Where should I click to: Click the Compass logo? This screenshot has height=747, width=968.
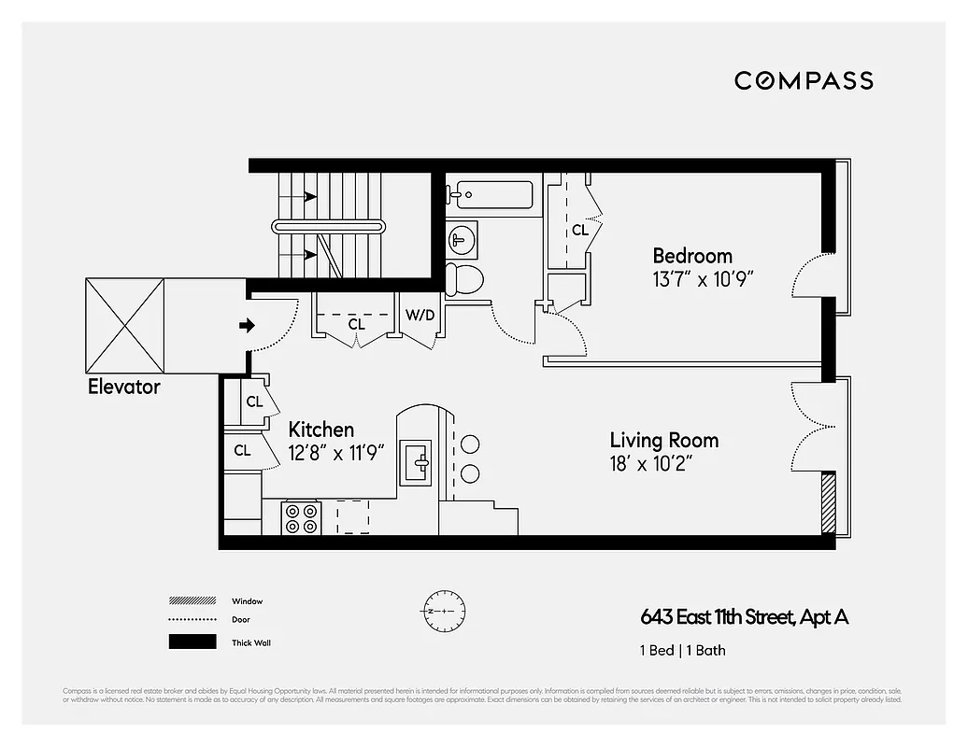804,80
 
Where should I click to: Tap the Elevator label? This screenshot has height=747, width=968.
124,386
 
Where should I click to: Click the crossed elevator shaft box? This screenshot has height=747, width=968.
124,326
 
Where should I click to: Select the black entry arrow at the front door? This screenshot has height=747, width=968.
247,325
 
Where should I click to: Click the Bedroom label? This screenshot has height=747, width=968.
691,256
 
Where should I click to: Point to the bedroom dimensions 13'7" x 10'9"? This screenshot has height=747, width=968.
703,278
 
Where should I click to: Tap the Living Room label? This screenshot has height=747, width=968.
664,440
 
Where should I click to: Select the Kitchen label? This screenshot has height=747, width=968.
320,430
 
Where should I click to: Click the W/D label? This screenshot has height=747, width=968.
420,315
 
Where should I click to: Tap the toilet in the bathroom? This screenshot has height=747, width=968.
463,278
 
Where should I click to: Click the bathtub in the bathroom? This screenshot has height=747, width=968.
490,194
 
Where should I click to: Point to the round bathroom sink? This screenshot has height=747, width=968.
461,239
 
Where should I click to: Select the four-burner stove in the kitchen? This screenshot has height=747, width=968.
302,518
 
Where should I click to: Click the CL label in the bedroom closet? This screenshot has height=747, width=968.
580,230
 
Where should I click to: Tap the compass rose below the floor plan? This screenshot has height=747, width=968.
442,610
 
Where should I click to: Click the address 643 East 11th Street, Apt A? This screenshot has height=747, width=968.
744,617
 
